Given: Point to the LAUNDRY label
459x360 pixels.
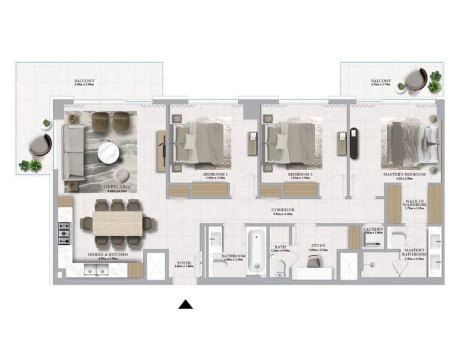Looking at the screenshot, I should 373,229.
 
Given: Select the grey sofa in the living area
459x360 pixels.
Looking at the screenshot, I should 74,150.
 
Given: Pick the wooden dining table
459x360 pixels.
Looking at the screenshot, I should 117,223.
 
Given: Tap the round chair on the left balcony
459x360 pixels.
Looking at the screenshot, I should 40,144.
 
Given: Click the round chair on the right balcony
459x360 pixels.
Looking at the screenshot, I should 415,78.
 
